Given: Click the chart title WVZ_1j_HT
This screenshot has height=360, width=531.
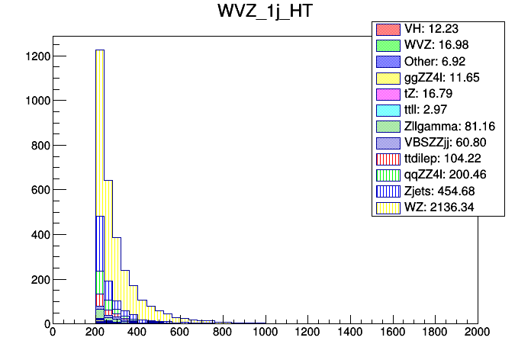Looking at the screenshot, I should [265, 14].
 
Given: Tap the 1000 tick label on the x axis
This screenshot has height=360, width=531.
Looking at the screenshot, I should [265, 333].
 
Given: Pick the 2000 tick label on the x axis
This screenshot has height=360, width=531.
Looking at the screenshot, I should [478, 333].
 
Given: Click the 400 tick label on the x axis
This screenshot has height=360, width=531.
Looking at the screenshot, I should [137, 333].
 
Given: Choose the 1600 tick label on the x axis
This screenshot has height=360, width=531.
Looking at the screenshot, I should [393, 333].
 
